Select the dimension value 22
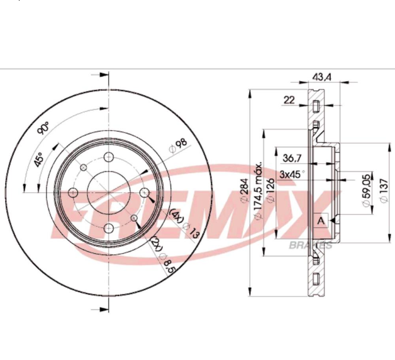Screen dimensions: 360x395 (x=289, y=100)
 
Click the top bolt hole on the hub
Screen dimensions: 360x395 (x=109, y=156)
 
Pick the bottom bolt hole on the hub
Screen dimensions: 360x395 (x=109, y=227)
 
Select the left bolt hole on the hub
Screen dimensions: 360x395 (x=73, y=192)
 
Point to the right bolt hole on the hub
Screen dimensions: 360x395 (x=144, y=192)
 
